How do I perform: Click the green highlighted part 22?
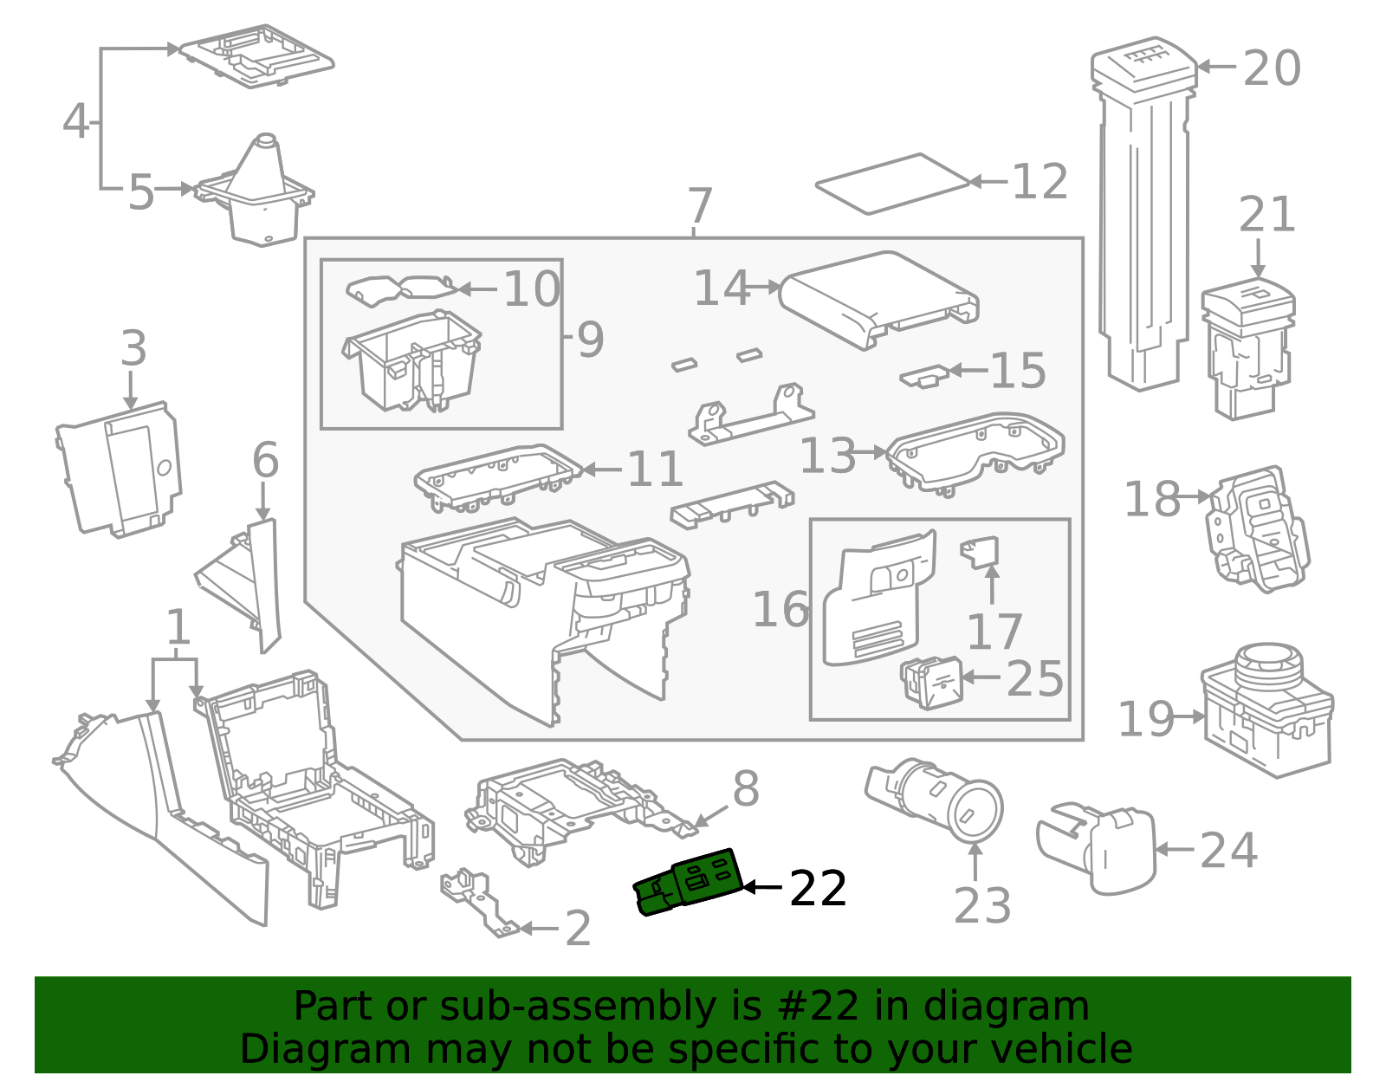click(x=689, y=883)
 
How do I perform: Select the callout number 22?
click(x=818, y=888)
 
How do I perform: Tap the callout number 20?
click(x=1272, y=68)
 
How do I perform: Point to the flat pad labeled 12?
click(x=892, y=184)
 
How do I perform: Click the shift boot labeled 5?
click(x=256, y=191)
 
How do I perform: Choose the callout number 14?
click(x=722, y=288)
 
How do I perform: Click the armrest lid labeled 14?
click(x=879, y=300)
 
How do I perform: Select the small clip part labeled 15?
click(x=924, y=376)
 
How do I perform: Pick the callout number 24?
click(x=1228, y=851)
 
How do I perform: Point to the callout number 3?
click(x=134, y=348)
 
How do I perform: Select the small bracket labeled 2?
click(x=480, y=901)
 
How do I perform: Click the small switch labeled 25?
click(x=931, y=683)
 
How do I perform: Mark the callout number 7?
click(x=700, y=204)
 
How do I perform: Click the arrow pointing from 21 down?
click(x=1259, y=258)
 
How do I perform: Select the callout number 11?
click(x=654, y=470)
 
